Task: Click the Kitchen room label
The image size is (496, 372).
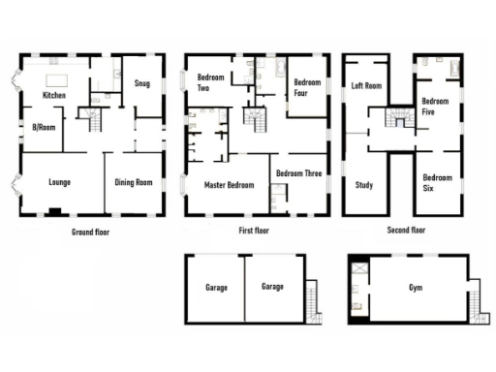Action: [53, 95]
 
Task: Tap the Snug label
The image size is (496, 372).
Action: [142, 84]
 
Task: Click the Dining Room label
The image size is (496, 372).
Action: [134, 182]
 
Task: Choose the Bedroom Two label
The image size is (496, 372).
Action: [211, 81]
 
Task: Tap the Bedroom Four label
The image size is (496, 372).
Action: [307, 88]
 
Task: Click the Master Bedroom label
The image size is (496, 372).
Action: [228, 183]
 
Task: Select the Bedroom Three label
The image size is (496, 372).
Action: [298, 173]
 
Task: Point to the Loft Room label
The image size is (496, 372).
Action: [366, 85]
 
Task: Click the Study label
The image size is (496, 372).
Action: [364, 185]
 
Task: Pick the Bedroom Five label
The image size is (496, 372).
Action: [435, 106]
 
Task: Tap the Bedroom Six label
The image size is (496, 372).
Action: [437, 182]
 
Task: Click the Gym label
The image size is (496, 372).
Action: [416, 289]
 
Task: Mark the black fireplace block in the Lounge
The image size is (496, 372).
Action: [55, 211]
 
